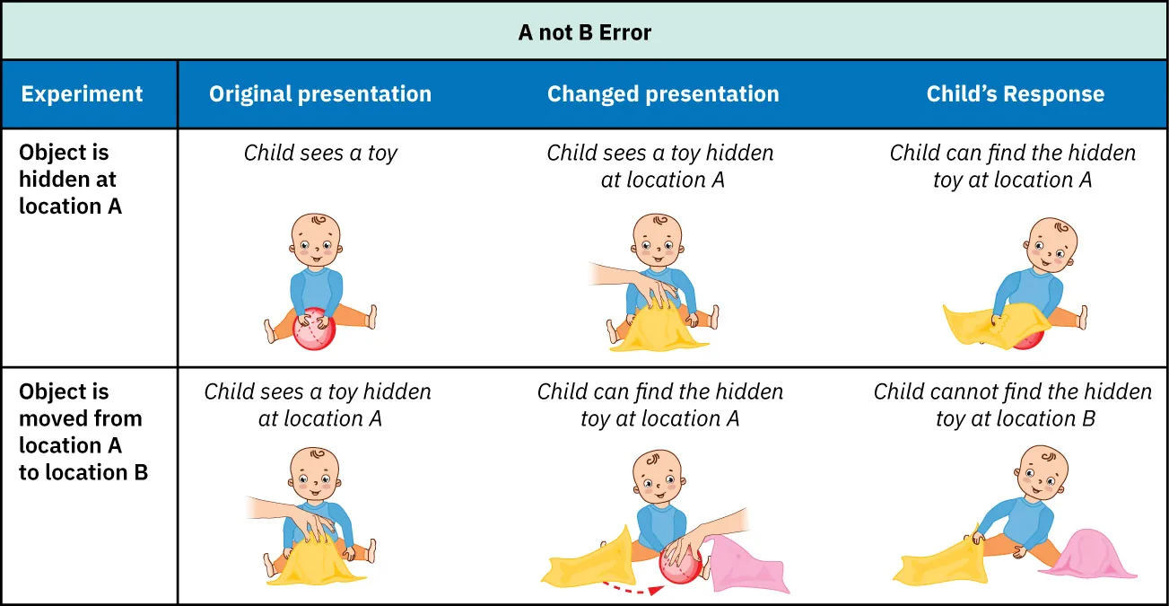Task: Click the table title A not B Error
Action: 584,33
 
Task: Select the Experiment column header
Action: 82,94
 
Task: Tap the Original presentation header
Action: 320,94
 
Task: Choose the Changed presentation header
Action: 663,94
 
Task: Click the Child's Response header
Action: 1015,94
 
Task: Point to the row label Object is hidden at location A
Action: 70,179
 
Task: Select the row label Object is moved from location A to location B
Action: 83,432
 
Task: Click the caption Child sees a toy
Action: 320,154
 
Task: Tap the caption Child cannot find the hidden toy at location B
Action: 1013,405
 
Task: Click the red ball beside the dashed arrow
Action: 679,566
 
